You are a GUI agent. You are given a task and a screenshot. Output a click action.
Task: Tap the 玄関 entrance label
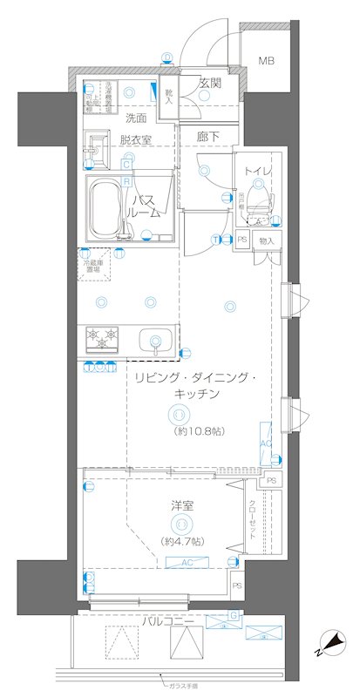209,84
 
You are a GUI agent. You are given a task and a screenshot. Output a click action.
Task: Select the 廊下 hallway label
207,137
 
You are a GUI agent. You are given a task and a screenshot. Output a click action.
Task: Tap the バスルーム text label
146,206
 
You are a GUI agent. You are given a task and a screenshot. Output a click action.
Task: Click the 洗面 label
134,117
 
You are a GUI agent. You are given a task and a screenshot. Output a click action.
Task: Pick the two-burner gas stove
102,338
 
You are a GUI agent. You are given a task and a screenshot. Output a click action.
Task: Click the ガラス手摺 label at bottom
185,687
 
